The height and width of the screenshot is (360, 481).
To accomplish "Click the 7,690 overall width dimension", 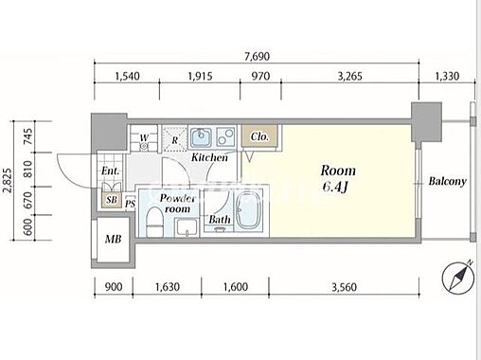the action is point(258,57).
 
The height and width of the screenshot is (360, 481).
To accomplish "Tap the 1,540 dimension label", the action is point(127,76).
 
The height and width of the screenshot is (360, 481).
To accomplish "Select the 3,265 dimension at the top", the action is point(349,76).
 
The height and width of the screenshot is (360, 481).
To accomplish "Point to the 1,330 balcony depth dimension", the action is point(447,76).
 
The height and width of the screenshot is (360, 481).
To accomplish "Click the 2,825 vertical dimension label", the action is point(8,180).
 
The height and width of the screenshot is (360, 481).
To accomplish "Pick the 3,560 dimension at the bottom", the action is point(344,287).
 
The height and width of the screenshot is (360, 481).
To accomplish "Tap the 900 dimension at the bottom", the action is point(114,287).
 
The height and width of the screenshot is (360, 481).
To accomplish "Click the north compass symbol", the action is point(458,278).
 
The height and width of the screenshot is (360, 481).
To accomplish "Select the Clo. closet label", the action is point(259,137).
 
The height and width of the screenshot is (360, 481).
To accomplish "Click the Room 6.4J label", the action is point(337,178).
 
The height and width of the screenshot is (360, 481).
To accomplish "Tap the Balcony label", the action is point(447,181).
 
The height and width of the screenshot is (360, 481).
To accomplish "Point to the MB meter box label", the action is point(114,239).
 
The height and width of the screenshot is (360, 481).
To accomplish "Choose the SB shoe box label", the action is point(112,200).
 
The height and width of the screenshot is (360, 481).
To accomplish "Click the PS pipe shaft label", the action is point(130,204).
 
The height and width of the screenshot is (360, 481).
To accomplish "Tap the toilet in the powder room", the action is point(154,222).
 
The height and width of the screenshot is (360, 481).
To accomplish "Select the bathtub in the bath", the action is point(249,211).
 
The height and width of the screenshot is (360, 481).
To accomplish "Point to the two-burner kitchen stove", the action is point(225,136).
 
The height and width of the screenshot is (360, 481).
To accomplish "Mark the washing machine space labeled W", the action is point(144,138).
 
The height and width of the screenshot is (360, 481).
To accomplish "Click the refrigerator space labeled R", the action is point(175,138).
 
